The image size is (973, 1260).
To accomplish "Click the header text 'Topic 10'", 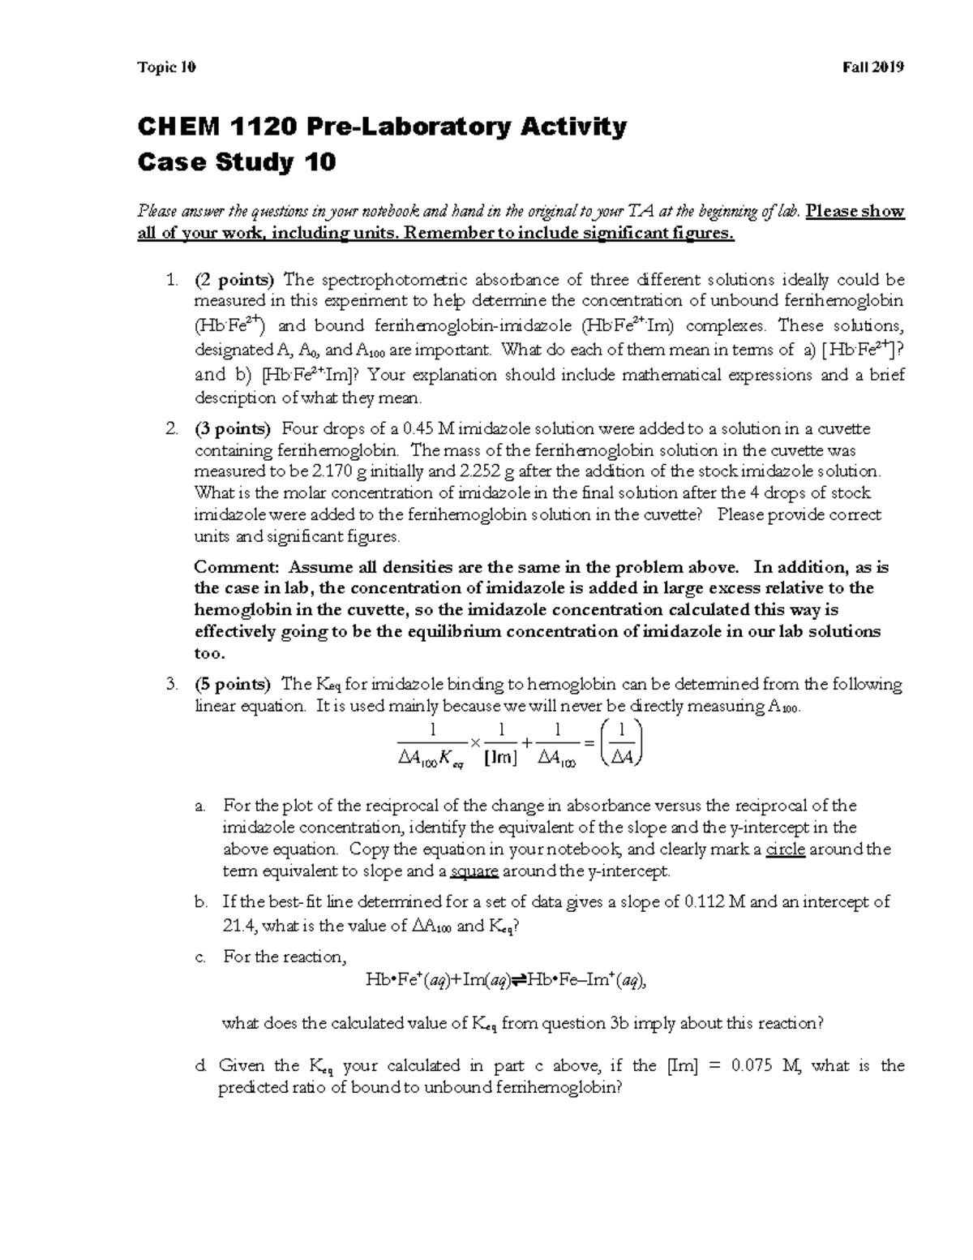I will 167,67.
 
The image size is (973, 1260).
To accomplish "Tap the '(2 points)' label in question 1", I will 234,281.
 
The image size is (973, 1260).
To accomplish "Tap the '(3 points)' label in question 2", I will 234,429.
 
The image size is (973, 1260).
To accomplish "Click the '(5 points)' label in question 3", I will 234,684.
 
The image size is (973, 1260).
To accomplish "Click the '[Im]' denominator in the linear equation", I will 499,758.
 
